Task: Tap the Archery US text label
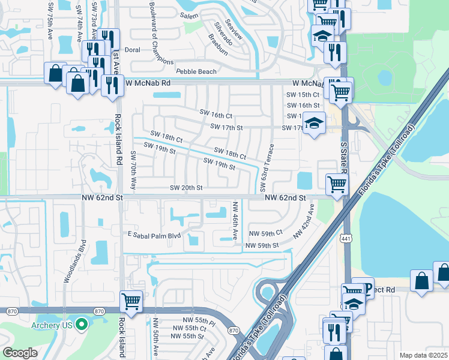(x=50, y=325)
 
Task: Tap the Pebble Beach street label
(x=196, y=71)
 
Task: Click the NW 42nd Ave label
(x=304, y=221)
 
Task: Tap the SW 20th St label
(x=186, y=188)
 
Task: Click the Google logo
(x=20, y=353)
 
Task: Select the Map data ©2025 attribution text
(x=423, y=355)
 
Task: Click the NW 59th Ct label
(x=265, y=233)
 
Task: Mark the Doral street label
(x=131, y=50)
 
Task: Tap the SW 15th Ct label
(x=302, y=95)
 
